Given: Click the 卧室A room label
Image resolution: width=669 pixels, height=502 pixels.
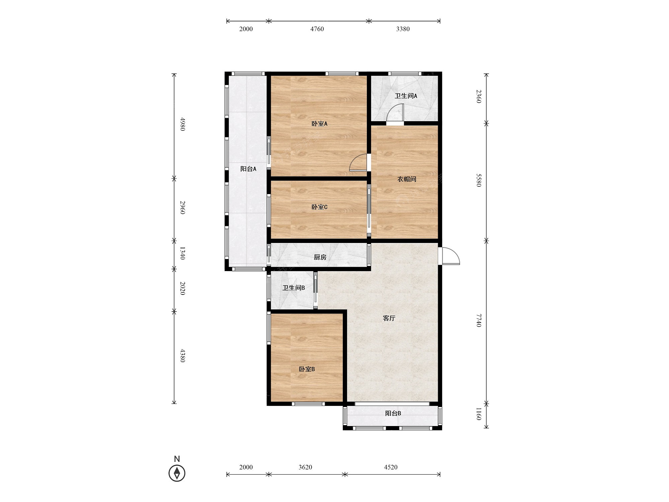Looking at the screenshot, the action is pyautogui.click(x=319, y=124).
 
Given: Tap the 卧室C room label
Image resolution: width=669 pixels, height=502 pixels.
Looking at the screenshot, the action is pyautogui.click(x=319, y=207).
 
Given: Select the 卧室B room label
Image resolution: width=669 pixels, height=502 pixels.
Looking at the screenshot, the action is pyautogui.click(x=307, y=369).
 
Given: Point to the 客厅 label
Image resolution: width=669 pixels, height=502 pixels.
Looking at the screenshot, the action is pyautogui.click(x=389, y=318).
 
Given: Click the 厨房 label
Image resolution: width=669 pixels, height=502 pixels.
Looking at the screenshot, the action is pyautogui.click(x=320, y=257).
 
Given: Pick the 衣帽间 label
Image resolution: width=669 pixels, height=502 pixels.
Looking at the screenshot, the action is pyautogui.click(x=407, y=179).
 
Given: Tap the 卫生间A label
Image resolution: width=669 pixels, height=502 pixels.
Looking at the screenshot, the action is pyautogui.click(x=406, y=96).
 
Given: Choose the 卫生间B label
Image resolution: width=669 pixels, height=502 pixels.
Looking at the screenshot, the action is pyautogui.click(x=294, y=288).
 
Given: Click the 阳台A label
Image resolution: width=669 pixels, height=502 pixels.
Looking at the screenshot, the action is pyautogui.click(x=248, y=169).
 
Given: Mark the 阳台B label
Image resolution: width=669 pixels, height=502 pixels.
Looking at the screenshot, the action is pyautogui.click(x=393, y=413).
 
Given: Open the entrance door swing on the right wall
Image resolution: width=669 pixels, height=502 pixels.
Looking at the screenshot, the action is pyautogui.click(x=451, y=256).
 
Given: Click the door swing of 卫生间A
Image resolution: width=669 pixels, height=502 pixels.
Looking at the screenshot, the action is pyautogui.click(x=395, y=112).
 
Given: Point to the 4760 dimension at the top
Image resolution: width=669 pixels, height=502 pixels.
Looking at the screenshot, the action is pyautogui.click(x=317, y=29).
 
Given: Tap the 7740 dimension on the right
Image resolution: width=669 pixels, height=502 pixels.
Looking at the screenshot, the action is pyautogui.click(x=479, y=320).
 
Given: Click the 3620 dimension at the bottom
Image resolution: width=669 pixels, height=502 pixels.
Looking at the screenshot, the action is pyautogui.click(x=305, y=467).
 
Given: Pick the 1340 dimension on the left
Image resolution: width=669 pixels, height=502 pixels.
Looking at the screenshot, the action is pyautogui.click(x=183, y=253).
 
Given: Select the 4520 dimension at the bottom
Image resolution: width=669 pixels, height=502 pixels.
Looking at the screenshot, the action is pyautogui.click(x=391, y=467).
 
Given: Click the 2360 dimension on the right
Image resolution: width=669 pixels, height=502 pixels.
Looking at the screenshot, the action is pyautogui.click(x=479, y=96).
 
